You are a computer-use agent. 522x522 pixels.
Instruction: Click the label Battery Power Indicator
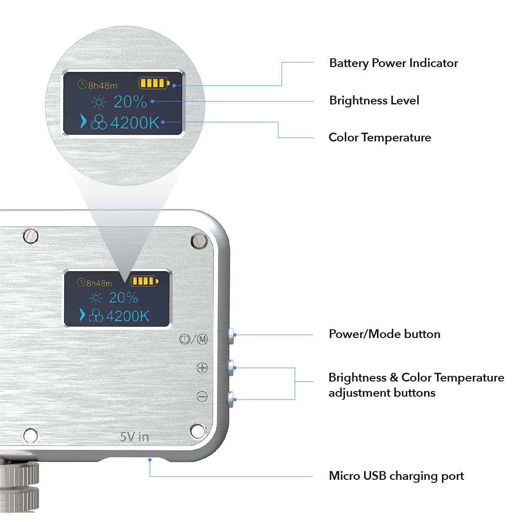(393, 63)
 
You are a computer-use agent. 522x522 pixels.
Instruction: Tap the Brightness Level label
(374, 100)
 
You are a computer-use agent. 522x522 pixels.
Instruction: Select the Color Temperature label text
(380, 137)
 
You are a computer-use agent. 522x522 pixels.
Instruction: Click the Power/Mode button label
(385, 334)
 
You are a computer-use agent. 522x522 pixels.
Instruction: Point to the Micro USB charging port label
(396, 476)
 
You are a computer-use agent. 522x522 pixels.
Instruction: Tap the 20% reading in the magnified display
(130, 102)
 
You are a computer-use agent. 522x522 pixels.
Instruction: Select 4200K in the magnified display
(135, 123)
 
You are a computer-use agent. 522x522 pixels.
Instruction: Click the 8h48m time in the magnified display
(103, 86)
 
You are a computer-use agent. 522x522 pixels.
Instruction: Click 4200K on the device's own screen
(127, 316)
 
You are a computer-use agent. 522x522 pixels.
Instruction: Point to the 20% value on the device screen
(123, 298)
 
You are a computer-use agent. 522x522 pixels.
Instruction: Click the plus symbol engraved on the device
(202, 368)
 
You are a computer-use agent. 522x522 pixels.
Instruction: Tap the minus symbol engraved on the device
(202, 396)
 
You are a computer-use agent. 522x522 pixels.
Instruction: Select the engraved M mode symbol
(202, 339)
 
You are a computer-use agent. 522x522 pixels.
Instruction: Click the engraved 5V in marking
(134, 437)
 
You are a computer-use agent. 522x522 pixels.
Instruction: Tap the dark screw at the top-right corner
(199, 240)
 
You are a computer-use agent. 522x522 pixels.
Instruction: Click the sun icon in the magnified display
(99, 103)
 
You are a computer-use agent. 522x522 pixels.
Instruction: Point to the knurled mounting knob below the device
(20, 487)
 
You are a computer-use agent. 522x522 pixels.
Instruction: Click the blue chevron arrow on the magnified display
(83, 121)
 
